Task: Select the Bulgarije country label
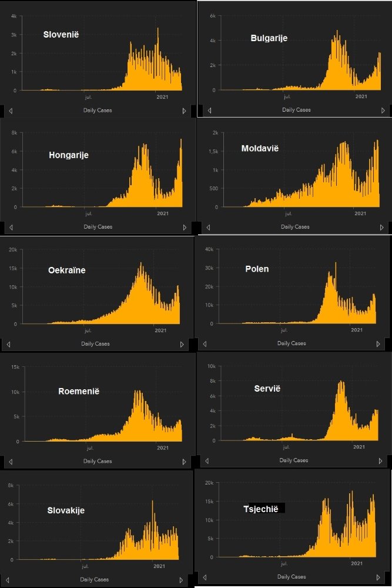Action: tap(269, 38)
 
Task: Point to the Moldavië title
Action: tap(260, 148)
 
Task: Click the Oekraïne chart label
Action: tap(67, 270)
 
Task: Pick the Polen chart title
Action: tap(257, 269)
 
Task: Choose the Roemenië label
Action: tap(79, 391)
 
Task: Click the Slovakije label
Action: tap(66, 510)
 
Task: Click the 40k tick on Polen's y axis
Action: tap(207, 249)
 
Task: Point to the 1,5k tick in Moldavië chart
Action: tap(211, 151)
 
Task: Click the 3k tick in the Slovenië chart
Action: tap(14, 34)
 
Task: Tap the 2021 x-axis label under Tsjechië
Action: tap(356, 564)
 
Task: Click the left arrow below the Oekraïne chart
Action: tap(8, 343)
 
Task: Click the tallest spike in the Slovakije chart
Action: tap(153, 502)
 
